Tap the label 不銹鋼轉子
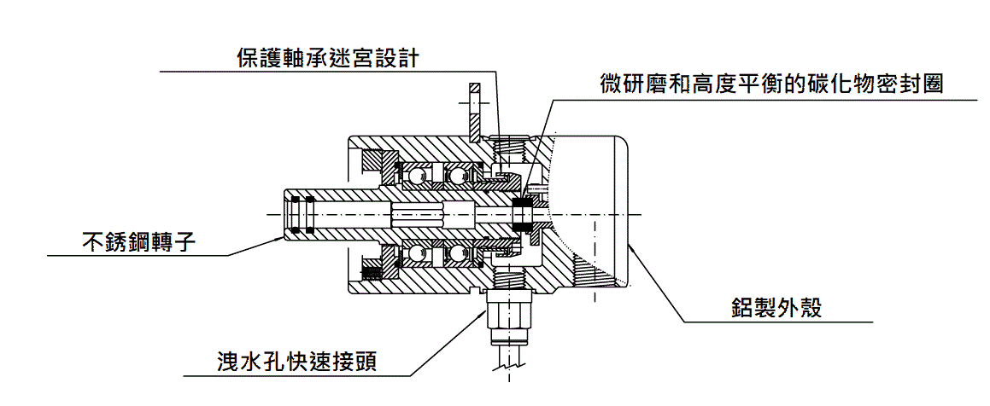pyautogui.click(x=139, y=241)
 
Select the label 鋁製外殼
pyautogui.click(x=776, y=308)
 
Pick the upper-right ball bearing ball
pyautogui.click(x=460, y=177)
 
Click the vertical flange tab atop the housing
pyautogui.click(x=475, y=111)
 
